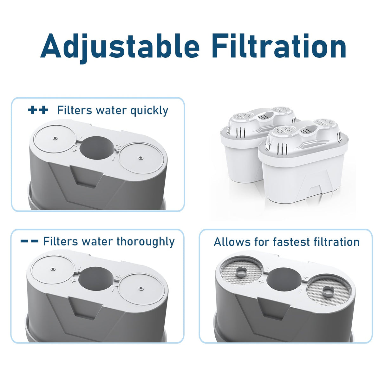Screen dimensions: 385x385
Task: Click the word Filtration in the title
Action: (279, 46)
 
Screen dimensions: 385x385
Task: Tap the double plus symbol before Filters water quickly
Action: (38, 110)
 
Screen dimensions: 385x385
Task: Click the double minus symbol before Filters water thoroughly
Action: (29, 241)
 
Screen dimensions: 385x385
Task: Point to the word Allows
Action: (232, 242)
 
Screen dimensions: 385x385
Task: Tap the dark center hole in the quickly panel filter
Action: (96, 147)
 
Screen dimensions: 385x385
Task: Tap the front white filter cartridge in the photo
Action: (303, 162)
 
